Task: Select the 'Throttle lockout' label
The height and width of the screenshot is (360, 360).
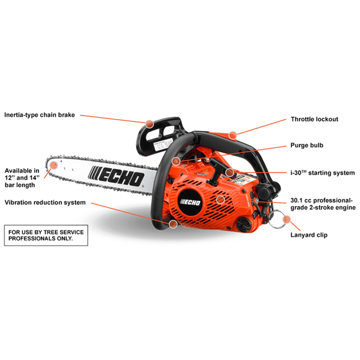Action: click(314, 119)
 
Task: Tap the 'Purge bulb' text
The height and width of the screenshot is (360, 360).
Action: click(307, 145)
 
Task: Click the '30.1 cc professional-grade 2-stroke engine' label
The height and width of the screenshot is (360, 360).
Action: click(323, 204)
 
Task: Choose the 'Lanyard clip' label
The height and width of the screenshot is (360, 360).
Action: click(309, 235)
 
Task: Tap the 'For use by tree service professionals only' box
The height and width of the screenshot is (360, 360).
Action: click(46, 234)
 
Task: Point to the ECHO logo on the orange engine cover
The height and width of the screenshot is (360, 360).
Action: click(193, 200)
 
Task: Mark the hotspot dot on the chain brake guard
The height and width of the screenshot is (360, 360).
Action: click(149, 124)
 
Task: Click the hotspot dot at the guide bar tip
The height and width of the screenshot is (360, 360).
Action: click(53, 162)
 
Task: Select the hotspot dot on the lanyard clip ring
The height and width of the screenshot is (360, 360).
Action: click(287, 220)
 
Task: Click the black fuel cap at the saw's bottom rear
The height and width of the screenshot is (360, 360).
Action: click(243, 223)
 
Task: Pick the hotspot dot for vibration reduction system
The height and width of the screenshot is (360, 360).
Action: click(172, 224)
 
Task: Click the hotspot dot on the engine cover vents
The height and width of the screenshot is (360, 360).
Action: click(220, 200)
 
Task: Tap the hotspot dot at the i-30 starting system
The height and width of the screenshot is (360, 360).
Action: click(229, 173)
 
